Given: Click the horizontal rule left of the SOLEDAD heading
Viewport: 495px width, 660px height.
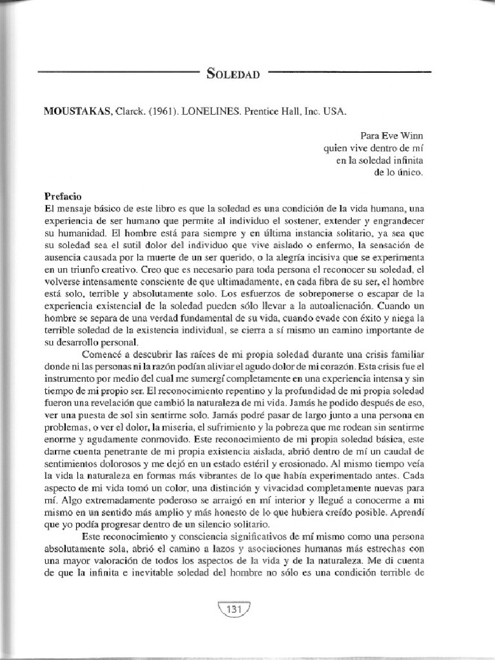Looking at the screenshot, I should (119, 73).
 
